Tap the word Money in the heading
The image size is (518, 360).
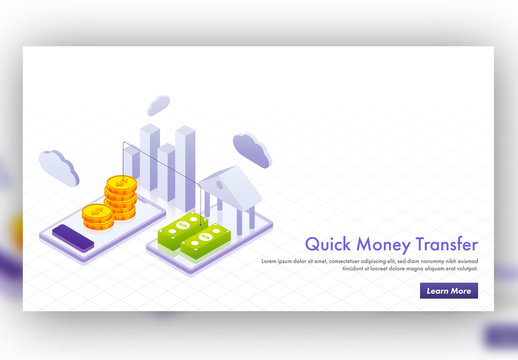click(x=375, y=245)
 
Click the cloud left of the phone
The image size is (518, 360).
click(x=59, y=167)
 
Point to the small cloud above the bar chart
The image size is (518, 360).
click(x=159, y=104)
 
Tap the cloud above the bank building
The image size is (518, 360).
click(x=252, y=149)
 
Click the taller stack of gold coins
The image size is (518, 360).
click(x=120, y=199)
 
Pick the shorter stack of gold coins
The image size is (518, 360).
click(x=96, y=214)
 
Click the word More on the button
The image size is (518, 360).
click(x=460, y=291)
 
